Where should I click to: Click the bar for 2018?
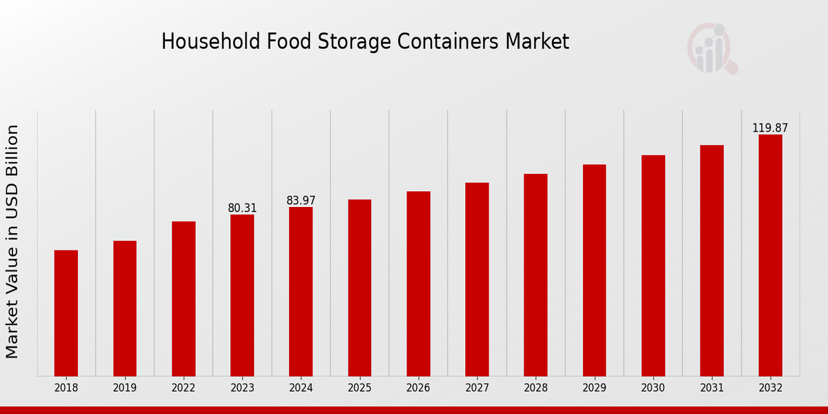coord(66,313)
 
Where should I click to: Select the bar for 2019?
coord(125,308)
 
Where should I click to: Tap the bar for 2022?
coord(184,298)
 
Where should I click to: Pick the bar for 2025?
coord(359,287)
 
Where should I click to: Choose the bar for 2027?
coord(477,279)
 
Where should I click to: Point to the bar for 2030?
coord(653,265)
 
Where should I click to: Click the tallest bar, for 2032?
coord(770,255)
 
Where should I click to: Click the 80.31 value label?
coord(242,208)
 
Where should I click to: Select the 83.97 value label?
coord(301,200)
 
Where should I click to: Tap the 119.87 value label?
coord(770,128)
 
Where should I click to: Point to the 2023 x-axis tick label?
coord(242,388)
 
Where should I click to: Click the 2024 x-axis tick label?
coord(301,388)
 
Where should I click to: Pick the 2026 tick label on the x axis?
coord(418,388)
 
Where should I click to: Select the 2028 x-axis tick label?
coord(535,388)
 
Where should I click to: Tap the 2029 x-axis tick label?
coord(594,388)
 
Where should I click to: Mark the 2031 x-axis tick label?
coord(711,388)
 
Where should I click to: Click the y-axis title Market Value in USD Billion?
coord(12,241)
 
